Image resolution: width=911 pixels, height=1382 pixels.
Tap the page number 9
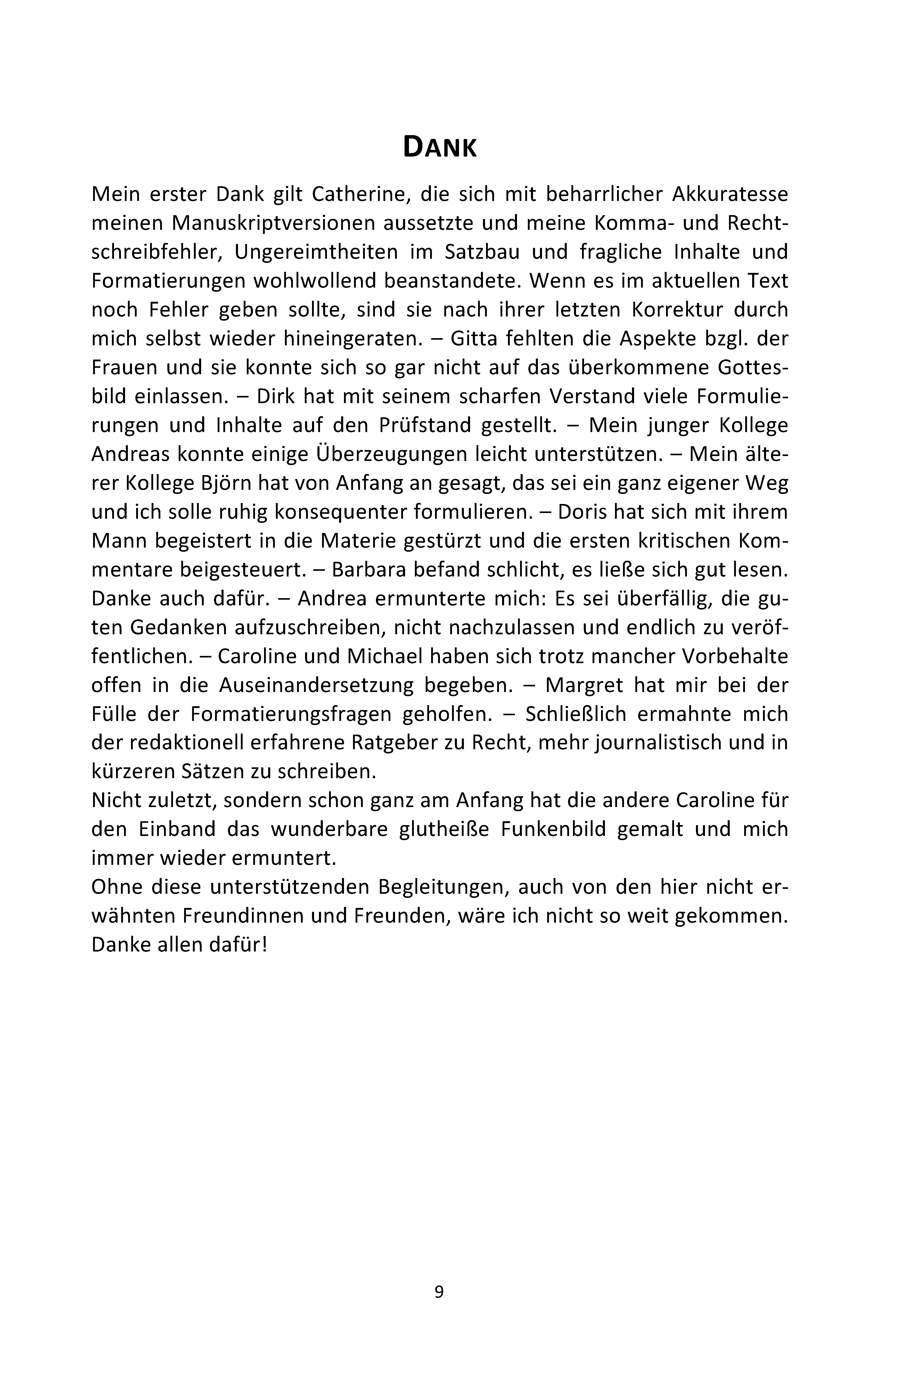coord(439,1291)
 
